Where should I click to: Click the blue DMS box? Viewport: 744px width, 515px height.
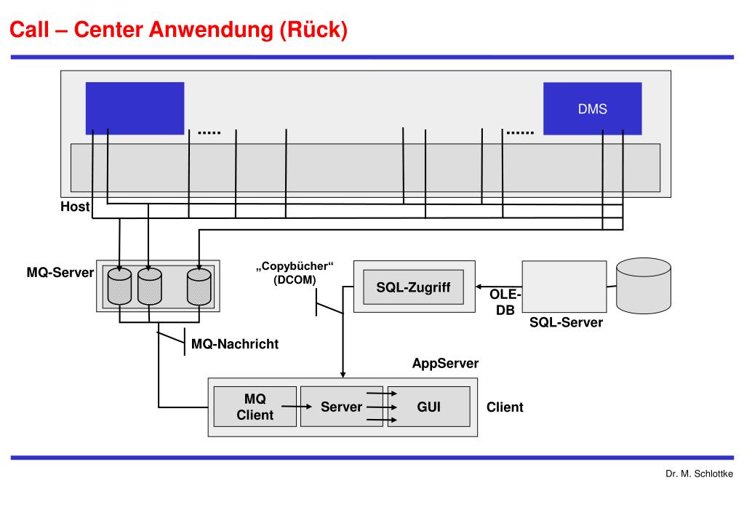tap(593, 109)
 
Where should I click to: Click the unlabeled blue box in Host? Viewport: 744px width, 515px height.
tap(135, 108)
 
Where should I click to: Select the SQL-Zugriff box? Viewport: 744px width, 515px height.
tap(413, 287)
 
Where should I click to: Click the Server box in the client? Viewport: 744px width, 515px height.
tap(341, 407)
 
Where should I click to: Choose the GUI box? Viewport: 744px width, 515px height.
tap(428, 407)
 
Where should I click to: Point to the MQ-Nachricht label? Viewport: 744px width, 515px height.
tap(234, 343)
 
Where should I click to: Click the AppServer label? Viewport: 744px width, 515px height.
tap(445, 363)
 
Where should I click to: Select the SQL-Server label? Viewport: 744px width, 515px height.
tap(566, 322)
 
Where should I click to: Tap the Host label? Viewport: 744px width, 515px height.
tap(74, 207)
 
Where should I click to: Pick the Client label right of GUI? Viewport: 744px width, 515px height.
tap(505, 407)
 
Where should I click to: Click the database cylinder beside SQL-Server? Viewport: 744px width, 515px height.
tap(644, 286)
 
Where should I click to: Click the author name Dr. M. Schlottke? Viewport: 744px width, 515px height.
tap(699, 474)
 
